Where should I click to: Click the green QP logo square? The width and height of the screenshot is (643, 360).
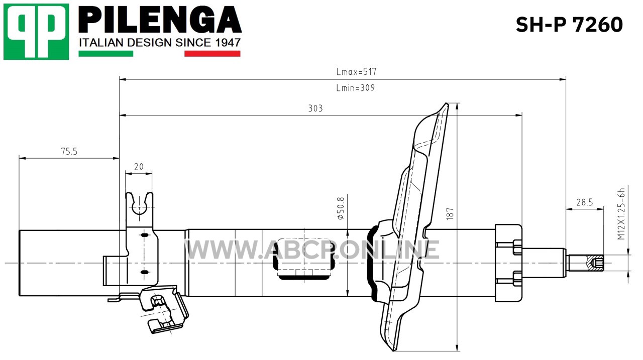tap(36, 32)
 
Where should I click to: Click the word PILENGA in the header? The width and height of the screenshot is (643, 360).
tap(160, 20)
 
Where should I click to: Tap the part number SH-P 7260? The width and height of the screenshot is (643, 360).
tap(569, 25)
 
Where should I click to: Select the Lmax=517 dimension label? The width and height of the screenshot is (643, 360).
tap(356, 72)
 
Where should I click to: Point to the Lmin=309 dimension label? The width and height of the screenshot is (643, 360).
tap(356, 88)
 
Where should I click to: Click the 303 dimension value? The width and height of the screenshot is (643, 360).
tap(315, 108)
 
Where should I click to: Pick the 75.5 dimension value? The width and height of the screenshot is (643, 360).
tap(69, 151)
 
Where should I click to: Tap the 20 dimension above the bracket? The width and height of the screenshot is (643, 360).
tap(139, 167)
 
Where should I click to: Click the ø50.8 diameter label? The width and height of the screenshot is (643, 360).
tap(341, 208)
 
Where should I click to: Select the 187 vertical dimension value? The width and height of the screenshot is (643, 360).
tap(450, 214)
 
